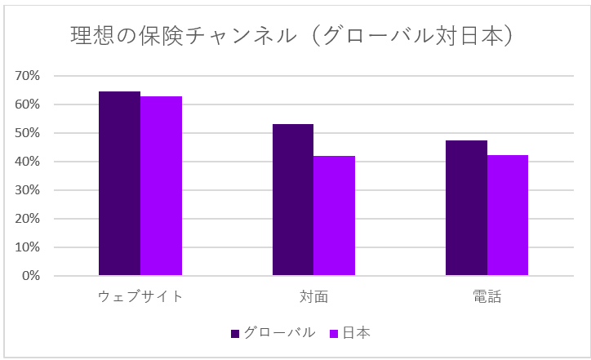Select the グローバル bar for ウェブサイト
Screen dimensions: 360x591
tap(119, 184)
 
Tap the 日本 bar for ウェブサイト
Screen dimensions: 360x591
tap(161, 186)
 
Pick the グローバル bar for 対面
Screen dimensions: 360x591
tap(292, 200)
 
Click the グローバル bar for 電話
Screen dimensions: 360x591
tap(466, 208)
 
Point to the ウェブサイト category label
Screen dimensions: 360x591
tap(140, 296)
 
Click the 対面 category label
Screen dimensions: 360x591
tap(313, 296)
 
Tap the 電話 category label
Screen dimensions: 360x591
tap(487, 296)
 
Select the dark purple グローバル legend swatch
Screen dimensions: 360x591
tap(235, 333)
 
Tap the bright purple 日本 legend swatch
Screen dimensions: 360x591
tap(333, 333)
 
